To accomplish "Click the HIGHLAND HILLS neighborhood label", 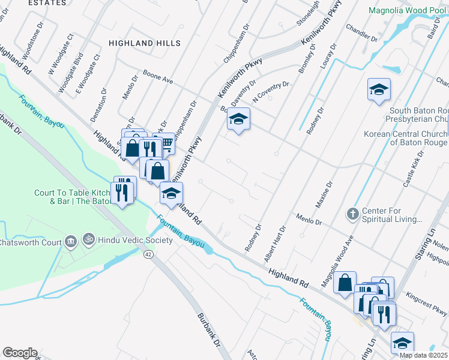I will point(144,44).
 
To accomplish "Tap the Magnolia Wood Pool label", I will point(407,11).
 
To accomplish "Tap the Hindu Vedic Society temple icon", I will point(89,240).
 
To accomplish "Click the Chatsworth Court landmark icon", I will point(71,242).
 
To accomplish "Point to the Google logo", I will point(20,353).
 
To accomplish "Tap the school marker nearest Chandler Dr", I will point(379,91).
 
